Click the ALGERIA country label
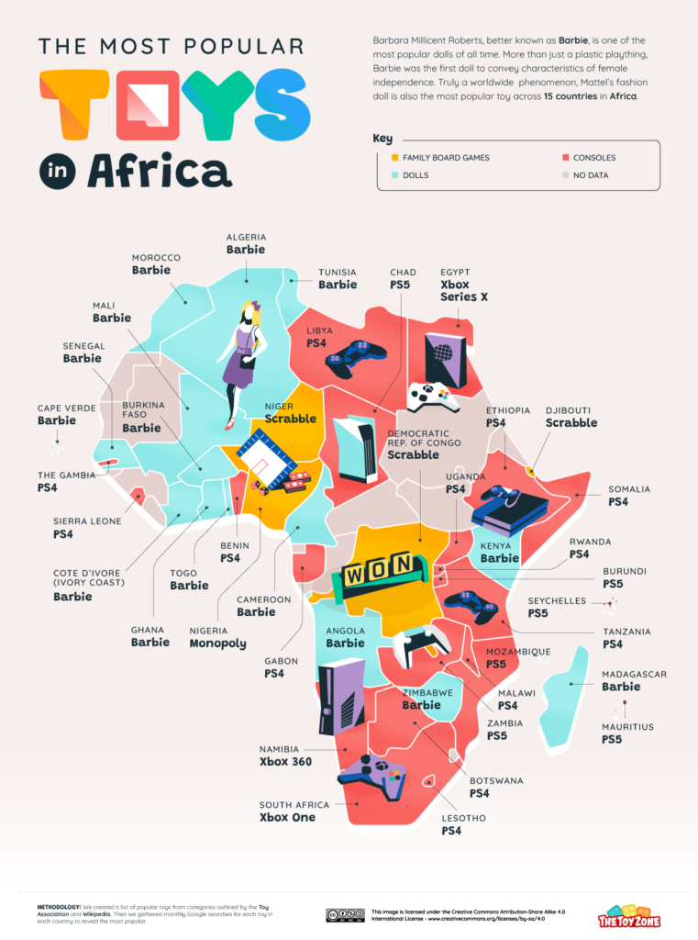tap(246, 236)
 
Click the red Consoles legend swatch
tap(564, 157)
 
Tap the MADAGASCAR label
tap(634, 674)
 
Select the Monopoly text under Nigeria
tap(217, 643)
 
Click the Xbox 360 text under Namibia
tap(287, 762)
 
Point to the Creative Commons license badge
tap(346, 914)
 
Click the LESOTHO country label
tap(464, 817)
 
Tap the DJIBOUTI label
tap(571, 410)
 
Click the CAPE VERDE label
tap(69, 408)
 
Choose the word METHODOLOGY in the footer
tap(67, 908)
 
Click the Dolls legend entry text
tap(415, 174)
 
